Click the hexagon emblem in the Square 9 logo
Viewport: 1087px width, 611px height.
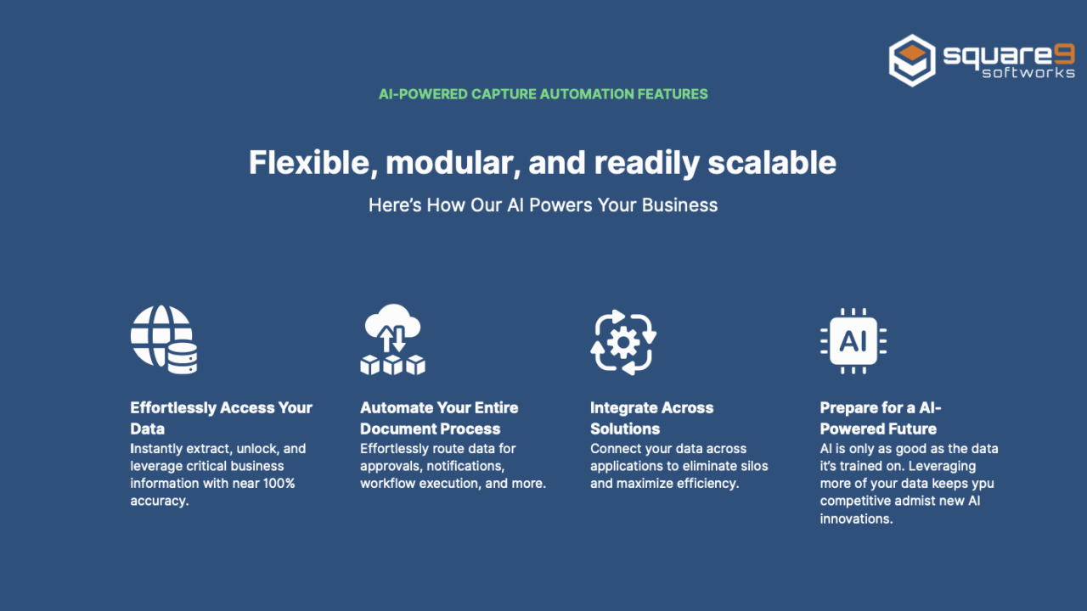(x=912, y=60)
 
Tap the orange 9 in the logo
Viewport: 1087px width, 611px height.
(x=1065, y=53)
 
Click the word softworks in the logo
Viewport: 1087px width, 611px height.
(x=1028, y=73)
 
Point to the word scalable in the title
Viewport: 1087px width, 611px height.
(x=772, y=162)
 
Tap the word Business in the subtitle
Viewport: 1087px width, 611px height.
(x=679, y=205)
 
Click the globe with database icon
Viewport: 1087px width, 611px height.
(x=164, y=339)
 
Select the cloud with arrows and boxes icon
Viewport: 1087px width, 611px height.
(x=392, y=339)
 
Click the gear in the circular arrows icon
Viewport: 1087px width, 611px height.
(x=623, y=343)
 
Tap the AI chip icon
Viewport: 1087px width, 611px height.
(x=853, y=341)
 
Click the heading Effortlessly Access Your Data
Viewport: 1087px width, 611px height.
(x=222, y=418)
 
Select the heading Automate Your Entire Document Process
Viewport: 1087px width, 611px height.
(x=439, y=418)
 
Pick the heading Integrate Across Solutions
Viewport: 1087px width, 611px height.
(x=651, y=418)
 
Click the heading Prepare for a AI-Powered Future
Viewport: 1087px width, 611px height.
(x=881, y=418)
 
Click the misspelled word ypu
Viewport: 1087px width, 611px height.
(x=981, y=485)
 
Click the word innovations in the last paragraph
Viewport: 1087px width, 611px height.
(x=857, y=519)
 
